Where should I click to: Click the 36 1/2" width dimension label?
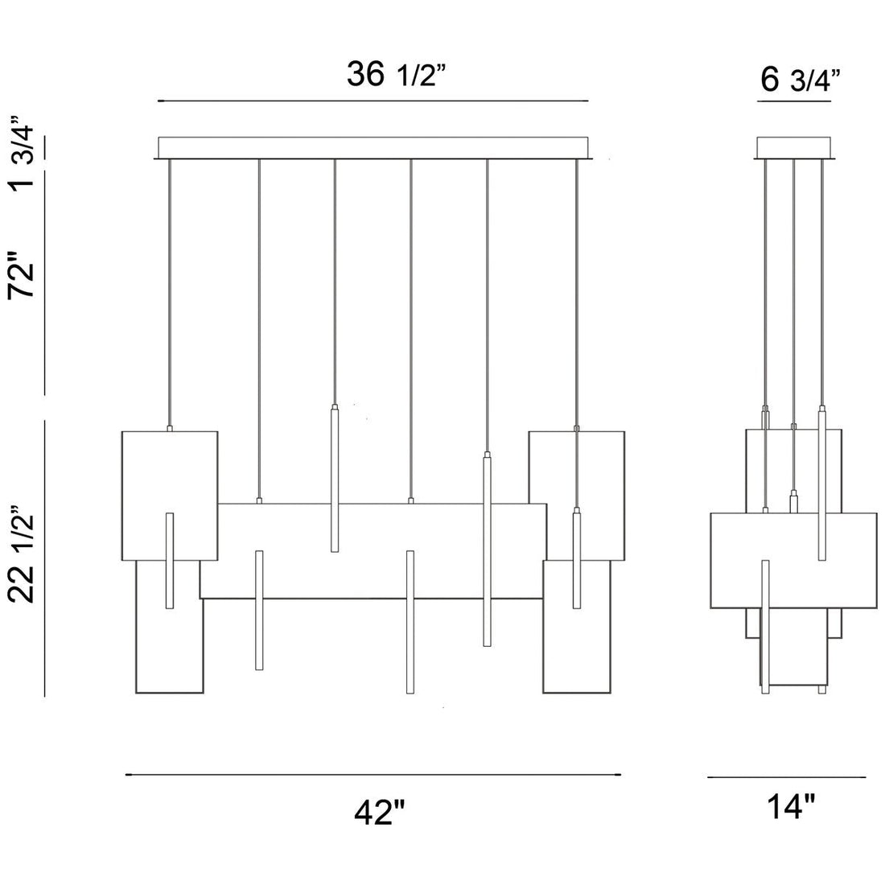point(396,76)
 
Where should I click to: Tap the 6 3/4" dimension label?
point(799,80)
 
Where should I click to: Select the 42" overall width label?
point(378,813)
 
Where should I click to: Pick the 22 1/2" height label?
point(23,555)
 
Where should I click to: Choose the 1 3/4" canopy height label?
point(23,153)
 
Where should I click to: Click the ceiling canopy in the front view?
point(375,148)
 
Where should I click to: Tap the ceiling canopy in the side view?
point(795,149)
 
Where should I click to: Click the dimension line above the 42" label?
point(374,775)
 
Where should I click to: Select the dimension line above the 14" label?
point(787,777)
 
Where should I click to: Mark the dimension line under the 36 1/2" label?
point(374,101)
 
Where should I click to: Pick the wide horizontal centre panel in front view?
point(370,555)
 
